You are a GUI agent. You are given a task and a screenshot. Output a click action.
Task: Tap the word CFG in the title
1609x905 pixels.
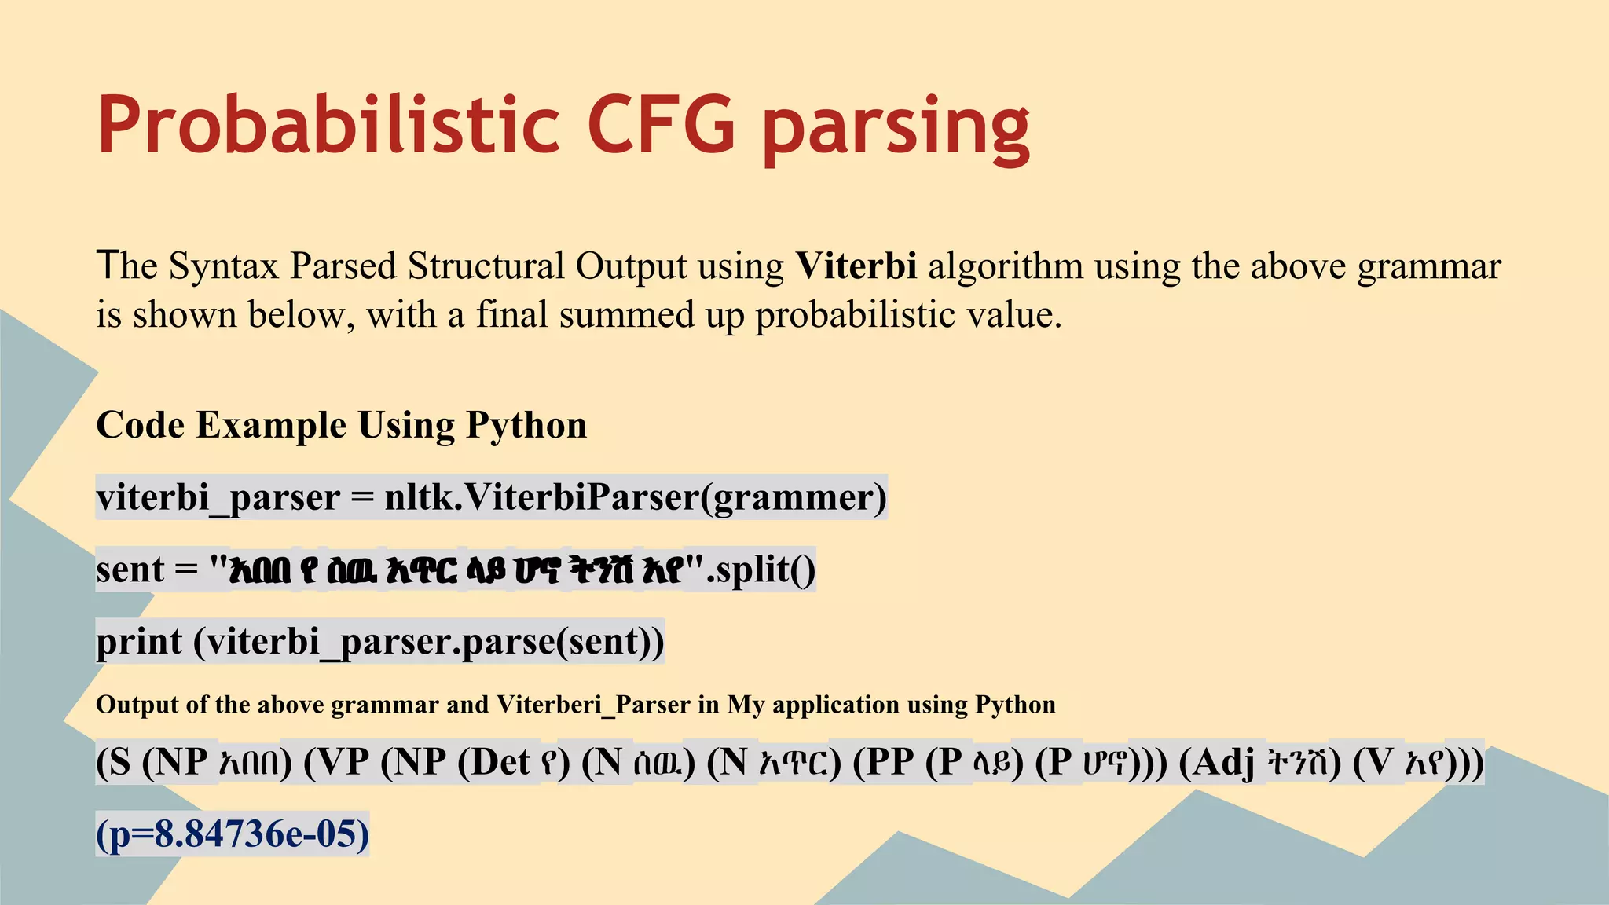tap(662, 126)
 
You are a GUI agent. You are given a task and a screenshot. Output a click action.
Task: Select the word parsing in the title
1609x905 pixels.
tap(896, 130)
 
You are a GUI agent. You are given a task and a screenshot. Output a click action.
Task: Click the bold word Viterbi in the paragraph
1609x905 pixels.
tap(856, 266)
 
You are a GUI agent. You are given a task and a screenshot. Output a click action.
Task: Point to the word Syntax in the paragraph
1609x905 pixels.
tap(223, 267)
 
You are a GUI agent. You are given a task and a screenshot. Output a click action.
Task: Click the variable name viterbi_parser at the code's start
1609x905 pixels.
tap(218, 498)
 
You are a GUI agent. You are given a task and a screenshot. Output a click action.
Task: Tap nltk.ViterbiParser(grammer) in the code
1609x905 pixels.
tap(635, 497)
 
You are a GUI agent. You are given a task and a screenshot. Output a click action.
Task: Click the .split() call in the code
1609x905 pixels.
tap(761, 570)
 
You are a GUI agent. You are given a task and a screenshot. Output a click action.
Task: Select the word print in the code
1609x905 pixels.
tap(139, 643)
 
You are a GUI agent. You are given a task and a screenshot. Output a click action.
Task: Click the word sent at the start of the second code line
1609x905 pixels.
tap(130, 570)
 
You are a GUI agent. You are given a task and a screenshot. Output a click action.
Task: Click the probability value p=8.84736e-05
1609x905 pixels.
tap(233, 834)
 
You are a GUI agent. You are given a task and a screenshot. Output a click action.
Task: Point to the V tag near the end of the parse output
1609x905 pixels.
tap(1380, 763)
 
